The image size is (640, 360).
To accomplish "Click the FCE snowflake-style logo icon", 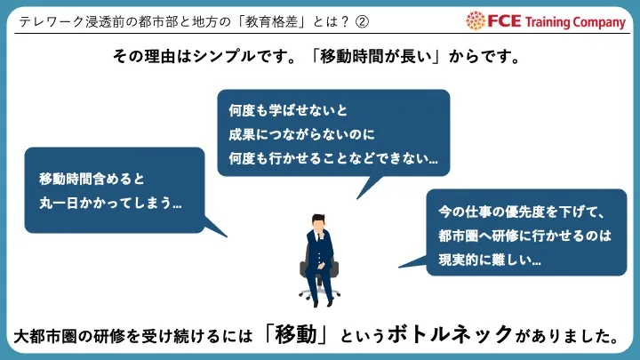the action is [475, 20].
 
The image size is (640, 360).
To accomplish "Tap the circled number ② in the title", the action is [362, 21].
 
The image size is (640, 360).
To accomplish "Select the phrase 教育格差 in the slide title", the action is [271, 21].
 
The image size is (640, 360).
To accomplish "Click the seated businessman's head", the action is [318, 223].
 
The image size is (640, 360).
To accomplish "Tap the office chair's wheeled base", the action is [319, 294].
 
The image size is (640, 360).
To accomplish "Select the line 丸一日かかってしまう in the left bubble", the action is [110, 203].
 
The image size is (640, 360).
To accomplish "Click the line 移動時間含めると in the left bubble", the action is [92, 179].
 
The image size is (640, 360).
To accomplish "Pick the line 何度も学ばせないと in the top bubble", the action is [288, 110].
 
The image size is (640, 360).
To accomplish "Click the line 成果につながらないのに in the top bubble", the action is [301, 134].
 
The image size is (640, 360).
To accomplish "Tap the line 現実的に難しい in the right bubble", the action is [490, 260].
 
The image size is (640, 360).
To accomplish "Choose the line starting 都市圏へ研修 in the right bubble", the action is [525, 236].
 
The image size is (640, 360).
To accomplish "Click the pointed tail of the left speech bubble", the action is [227, 236].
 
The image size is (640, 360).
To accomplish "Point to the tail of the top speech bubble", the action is [357, 198].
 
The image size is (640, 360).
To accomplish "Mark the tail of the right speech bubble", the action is [399, 267].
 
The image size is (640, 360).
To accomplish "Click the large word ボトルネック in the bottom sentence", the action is [450, 334].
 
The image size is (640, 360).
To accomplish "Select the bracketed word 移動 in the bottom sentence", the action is [296, 335].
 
